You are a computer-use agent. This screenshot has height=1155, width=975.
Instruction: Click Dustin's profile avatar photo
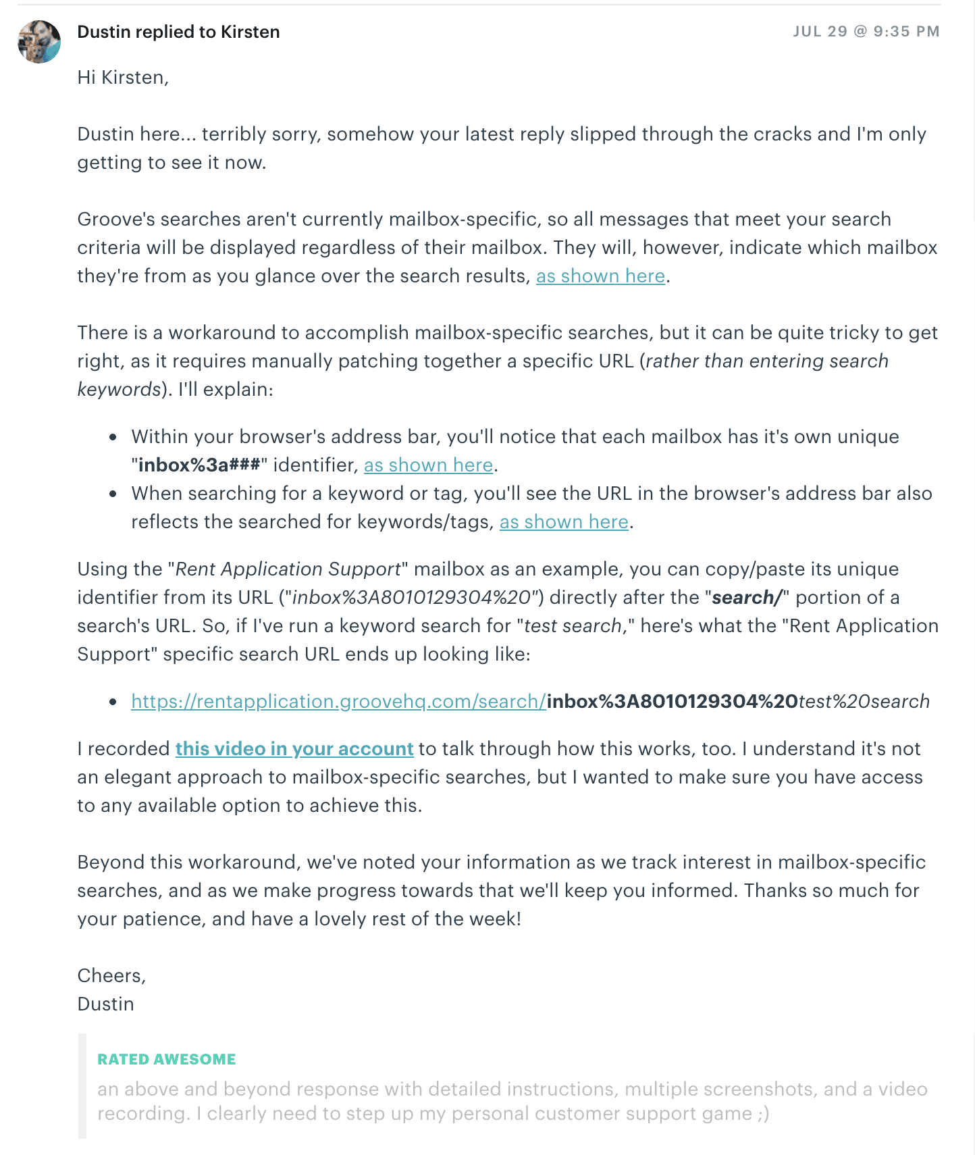(x=39, y=42)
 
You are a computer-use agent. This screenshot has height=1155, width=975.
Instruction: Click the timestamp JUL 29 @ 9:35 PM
(x=866, y=32)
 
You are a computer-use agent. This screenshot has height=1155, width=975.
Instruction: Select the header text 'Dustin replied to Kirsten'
(x=178, y=32)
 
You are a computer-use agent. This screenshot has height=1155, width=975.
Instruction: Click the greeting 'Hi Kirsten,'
(x=123, y=78)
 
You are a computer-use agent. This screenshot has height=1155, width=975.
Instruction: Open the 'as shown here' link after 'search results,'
(x=600, y=276)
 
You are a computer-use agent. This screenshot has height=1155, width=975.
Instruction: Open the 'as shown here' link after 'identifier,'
(x=428, y=465)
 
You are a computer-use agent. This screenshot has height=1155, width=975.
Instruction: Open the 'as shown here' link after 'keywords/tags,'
(x=564, y=522)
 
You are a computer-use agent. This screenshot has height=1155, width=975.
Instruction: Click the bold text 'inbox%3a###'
(x=199, y=465)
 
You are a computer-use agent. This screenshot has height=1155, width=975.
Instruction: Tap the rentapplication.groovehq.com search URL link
(x=338, y=702)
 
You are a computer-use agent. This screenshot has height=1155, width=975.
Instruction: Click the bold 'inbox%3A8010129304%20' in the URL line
(x=672, y=702)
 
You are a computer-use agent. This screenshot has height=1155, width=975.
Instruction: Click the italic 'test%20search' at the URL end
(x=864, y=702)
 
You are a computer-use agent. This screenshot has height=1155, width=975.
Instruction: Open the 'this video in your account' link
(x=294, y=749)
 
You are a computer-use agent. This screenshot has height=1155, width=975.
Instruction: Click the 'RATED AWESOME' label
(x=166, y=1059)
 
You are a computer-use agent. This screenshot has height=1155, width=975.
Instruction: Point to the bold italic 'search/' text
(x=747, y=598)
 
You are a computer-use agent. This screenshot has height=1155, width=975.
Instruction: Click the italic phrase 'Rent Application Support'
(x=288, y=569)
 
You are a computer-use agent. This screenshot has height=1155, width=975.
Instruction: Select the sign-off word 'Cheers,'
(x=111, y=976)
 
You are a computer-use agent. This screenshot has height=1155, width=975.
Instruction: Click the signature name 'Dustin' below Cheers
(x=105, y=1004)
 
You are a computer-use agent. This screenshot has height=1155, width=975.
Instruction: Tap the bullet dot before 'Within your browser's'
(x=113, y=438)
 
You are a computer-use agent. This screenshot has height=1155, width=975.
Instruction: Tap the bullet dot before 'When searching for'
(x=113, y=494)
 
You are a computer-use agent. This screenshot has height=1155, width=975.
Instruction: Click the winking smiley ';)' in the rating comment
(x=763, y=1114)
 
